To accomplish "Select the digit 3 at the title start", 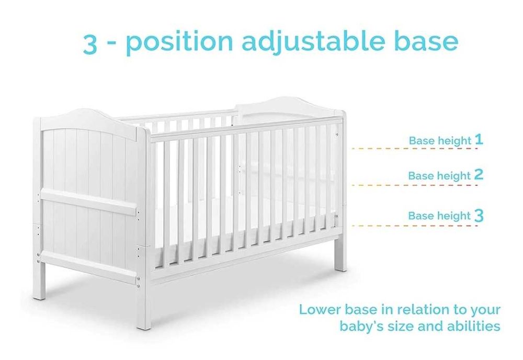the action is click(90, 43).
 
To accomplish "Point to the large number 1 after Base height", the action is click(479, 139).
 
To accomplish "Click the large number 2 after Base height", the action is click(479, 174).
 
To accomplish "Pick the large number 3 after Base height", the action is click(479, 215).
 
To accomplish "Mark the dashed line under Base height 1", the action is click(415, 149).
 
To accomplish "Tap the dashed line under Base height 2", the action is click(415, 185).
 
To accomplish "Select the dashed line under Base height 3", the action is click(415, 226).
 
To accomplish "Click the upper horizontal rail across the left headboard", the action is click(89, 201).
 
